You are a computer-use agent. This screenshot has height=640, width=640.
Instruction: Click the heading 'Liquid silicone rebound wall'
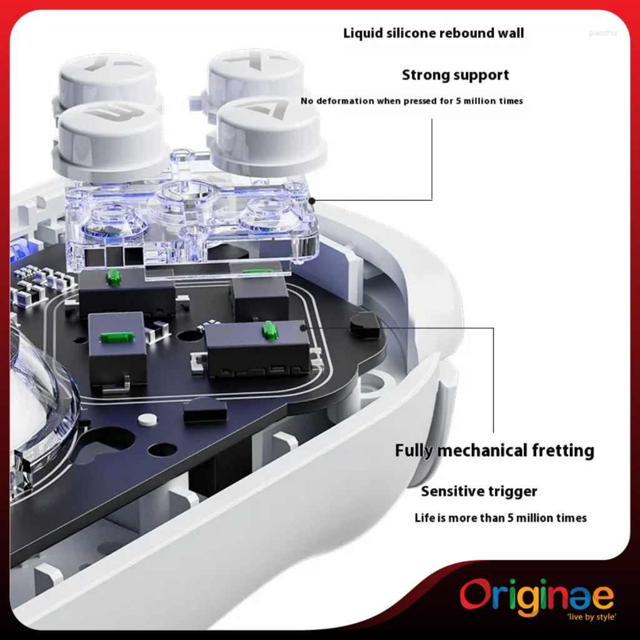coord(434,33)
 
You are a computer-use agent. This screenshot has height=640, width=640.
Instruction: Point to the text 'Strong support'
coord(455,75)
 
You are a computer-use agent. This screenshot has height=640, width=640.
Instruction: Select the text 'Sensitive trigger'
coord(479,491)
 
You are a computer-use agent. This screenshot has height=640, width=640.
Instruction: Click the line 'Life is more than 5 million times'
coord(501,518)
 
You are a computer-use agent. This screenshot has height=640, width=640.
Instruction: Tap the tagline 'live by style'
coord(591,617)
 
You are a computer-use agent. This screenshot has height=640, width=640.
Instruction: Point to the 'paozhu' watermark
coord(602,32)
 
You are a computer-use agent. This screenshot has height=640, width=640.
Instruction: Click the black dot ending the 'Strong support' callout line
coord(311,200)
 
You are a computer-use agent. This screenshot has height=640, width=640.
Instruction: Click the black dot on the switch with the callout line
coord(303,327)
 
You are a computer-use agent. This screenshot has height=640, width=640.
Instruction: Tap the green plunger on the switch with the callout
coord(270,331)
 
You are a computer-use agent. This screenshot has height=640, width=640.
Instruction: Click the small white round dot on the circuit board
coord(147,419)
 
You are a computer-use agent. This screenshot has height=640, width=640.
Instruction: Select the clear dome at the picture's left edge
coord(37,400)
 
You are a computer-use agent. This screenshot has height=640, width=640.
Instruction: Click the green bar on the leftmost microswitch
coord(116,337)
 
